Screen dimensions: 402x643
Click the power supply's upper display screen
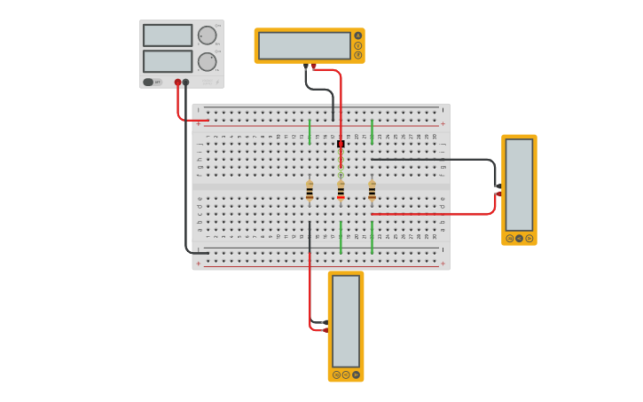click(x=168, y=35)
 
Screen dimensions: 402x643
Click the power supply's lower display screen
click(x=168, y=61)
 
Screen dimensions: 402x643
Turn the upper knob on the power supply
click(x=207, y=35)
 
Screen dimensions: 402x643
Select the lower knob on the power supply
click(x=207, y=62)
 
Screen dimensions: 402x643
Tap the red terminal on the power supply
click(x=177, y=83)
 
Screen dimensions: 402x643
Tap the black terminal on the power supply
click(x=185, y=83)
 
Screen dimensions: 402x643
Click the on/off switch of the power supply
click(x=149, y=83)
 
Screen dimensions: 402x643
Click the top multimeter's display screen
click(x=304, y=45)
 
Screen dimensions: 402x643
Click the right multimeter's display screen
click(x=519, y=184)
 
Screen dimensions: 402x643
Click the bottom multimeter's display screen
click(x=346, y=320)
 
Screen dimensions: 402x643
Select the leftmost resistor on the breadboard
click(x=310, y=191)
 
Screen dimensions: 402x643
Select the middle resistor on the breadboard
click(x=341, y=191)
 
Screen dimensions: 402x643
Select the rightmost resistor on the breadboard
click(x=372, y=191)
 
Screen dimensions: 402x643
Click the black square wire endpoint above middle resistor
click(x=341, y=144)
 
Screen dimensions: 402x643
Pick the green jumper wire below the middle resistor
click(x=341, y=238)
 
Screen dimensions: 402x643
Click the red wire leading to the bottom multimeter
click(x=310, y=293)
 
